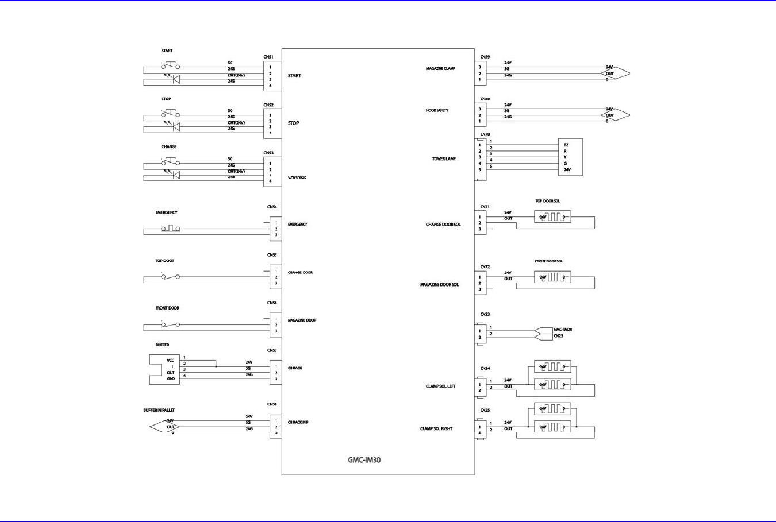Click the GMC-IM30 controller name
click(x=364, y=460)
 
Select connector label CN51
click(x=268, y=57)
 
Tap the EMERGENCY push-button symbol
click(x=170, y=229)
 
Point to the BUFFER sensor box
click(x=164, y=369)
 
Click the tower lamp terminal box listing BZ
click(x=570, y=157)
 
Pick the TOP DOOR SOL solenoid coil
click(x=552, y=217)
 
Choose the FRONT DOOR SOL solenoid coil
click(x=552, y=277)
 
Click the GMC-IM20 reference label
click(x=562, y=330)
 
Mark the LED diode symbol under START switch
click(x=175, y=79)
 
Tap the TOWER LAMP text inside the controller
click(x=444, y=159)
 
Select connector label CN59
click(x=485, y=57)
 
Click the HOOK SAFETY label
click(x=437, y=110)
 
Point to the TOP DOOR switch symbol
click(x=170, y=277)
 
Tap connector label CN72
click(x=485, y=267)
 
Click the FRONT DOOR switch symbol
click(x=170, y=325)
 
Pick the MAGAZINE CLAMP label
click(x=440, y=69)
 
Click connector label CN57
click(x=272, y=350)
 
